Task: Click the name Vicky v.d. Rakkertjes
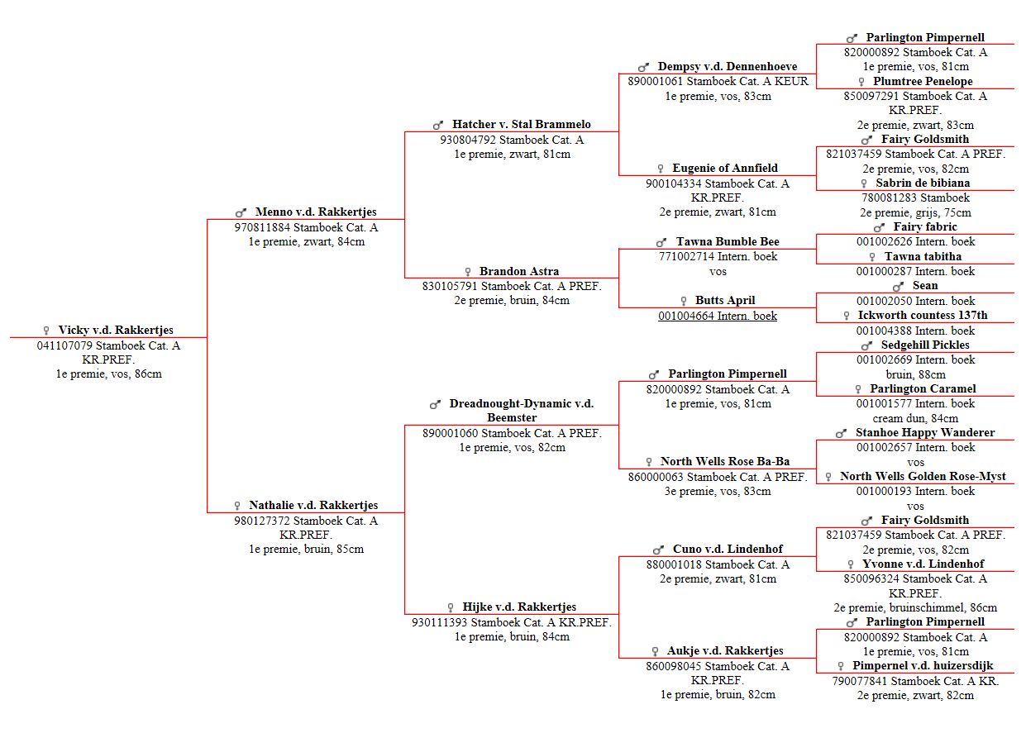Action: (116, 330)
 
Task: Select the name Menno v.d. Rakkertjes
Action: (316, 212)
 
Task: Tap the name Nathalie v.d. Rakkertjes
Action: (313, 505)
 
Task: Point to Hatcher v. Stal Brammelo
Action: (521, 124)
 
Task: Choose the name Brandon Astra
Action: (519, 271)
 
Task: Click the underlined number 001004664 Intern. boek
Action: (718, 316)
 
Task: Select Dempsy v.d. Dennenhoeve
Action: (728, 66)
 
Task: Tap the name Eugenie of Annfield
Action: (724, 168)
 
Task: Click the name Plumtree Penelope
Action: (923, 81)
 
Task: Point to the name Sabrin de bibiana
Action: (923, 183)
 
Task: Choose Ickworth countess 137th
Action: (923, 315)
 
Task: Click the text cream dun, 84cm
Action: (915, 418)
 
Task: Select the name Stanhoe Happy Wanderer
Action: (925, 432)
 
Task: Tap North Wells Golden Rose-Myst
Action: (923, 476)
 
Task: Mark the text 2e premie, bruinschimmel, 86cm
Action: (915, 607)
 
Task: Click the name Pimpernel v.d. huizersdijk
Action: (923, 665)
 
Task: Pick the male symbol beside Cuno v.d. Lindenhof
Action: (658, 550)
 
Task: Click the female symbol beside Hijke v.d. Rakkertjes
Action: (451, 607)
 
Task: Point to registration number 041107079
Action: (64, 345)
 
